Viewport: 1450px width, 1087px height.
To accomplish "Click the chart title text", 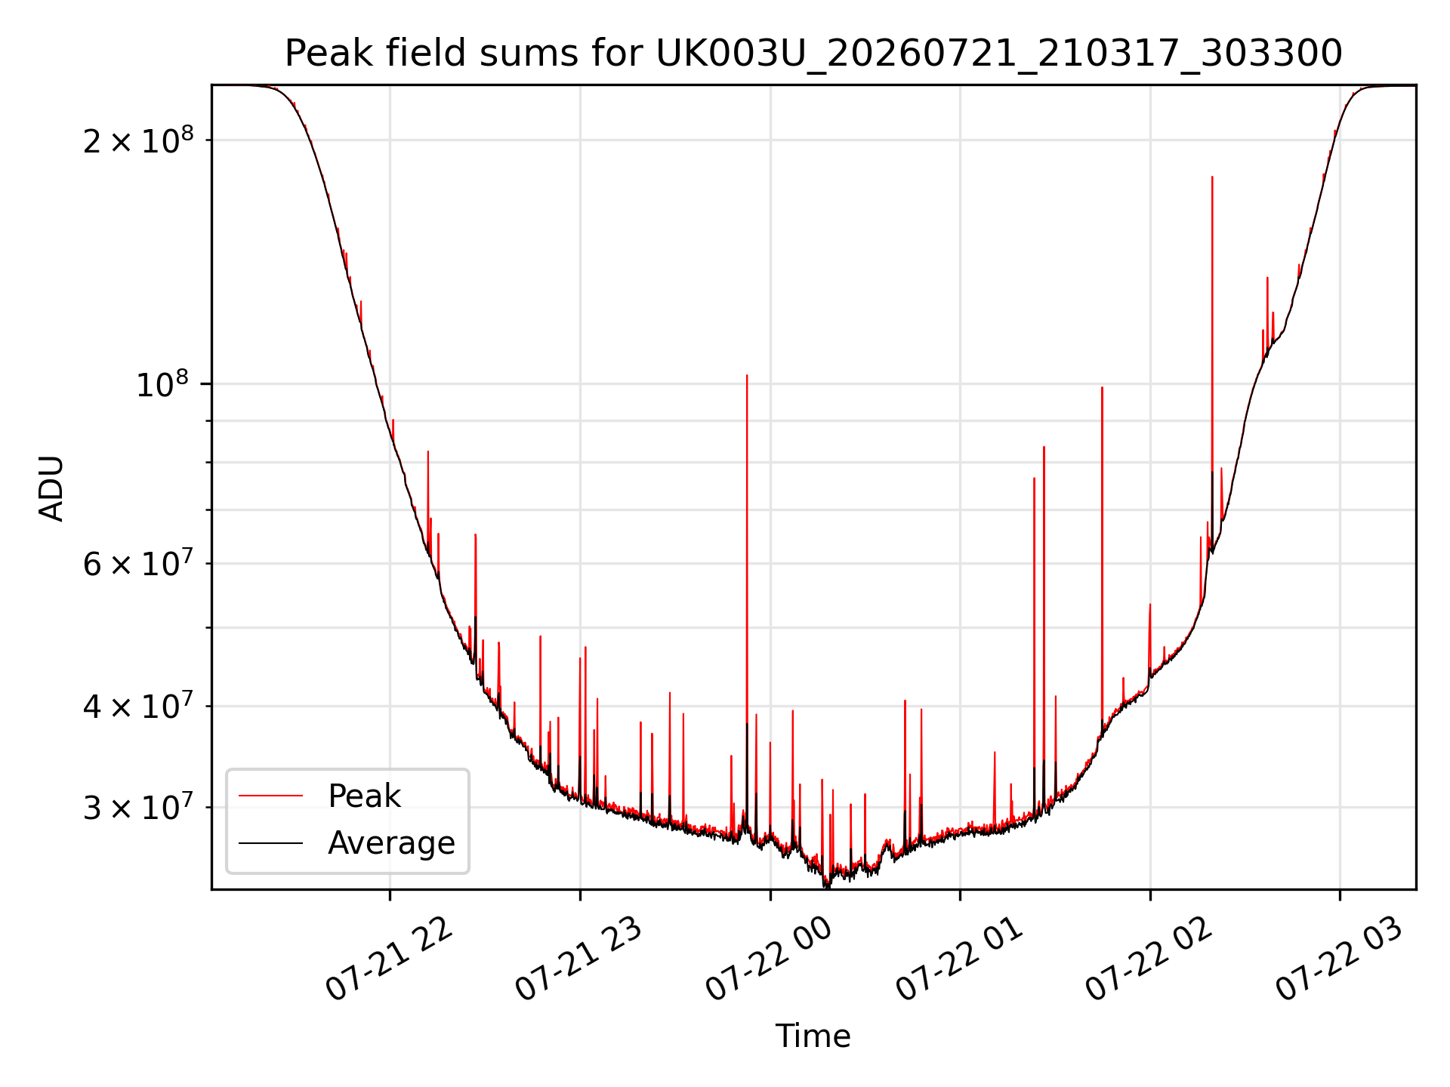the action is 813,54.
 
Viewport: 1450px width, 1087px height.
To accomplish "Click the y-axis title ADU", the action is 51,488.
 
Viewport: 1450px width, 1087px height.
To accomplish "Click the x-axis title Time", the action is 813,1036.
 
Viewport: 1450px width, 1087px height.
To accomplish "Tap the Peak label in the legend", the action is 364,796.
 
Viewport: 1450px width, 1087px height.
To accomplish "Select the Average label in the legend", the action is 391,843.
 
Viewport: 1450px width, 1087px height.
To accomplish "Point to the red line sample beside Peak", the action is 270,796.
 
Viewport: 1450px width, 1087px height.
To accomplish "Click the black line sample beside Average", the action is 270,843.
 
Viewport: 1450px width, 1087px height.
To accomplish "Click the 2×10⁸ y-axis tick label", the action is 138,140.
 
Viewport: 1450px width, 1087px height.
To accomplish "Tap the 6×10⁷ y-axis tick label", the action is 138,564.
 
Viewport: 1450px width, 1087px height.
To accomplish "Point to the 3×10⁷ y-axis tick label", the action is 138,808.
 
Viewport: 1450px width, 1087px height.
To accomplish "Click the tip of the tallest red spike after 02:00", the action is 1212,177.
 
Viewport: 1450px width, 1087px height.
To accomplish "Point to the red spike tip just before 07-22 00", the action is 747,375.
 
